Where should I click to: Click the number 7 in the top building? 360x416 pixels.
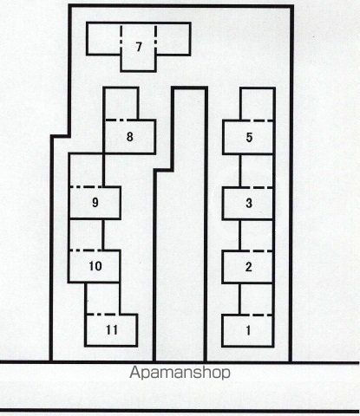(x=139, y=47)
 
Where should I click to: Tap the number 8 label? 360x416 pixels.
(x=130, y=137)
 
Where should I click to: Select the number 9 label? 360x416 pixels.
(x=95, y=202)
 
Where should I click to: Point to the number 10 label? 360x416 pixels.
(x=95, y=266)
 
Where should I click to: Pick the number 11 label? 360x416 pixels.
(x=112, y=330)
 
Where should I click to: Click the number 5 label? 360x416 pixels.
(x=249, y=137)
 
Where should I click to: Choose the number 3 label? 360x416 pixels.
(x=249, y=203)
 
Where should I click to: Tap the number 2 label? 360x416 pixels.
(x=249, y=267)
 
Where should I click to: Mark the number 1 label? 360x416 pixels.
(x=248, y=330)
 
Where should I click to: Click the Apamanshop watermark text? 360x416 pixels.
(x=180, y=373)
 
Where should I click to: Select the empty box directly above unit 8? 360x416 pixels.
(x=121, y=103)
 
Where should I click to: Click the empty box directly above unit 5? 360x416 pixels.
(x=258, y=104)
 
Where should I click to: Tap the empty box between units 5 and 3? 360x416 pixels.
(x=257, y=171)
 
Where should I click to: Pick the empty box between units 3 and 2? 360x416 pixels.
(x=256, y=235)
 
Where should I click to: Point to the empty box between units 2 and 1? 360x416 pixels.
(x=256, y=299)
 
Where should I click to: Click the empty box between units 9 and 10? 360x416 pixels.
(x=86, y=234)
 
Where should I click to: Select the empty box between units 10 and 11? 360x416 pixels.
(x=102, y=298)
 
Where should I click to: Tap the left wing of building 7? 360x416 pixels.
(x=104, y=38)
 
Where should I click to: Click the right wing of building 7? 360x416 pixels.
(x=173, y=39)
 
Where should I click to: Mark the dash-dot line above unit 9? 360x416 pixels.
(x=87, y=187)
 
